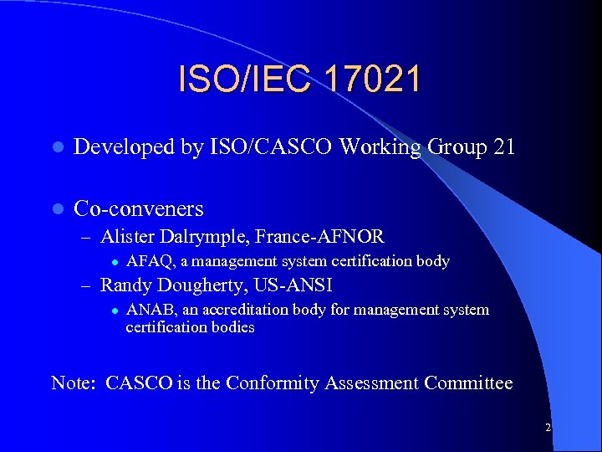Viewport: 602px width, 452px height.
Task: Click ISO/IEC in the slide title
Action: coord(237,80)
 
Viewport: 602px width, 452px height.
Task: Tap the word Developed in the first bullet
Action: coord(124,147)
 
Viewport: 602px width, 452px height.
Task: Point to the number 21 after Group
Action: coord(504,147)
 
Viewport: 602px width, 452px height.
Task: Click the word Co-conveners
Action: coord(139,208)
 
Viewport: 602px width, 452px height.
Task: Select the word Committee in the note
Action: coord(468,383)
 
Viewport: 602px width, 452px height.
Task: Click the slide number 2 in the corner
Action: coord(548,428)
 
